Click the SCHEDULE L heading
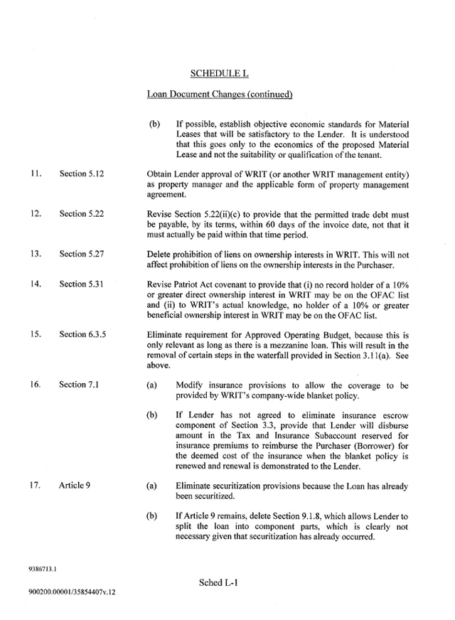click(220, 73)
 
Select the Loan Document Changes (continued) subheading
click(220, 94)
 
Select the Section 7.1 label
click(79, 384)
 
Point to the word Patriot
click(188, 284)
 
